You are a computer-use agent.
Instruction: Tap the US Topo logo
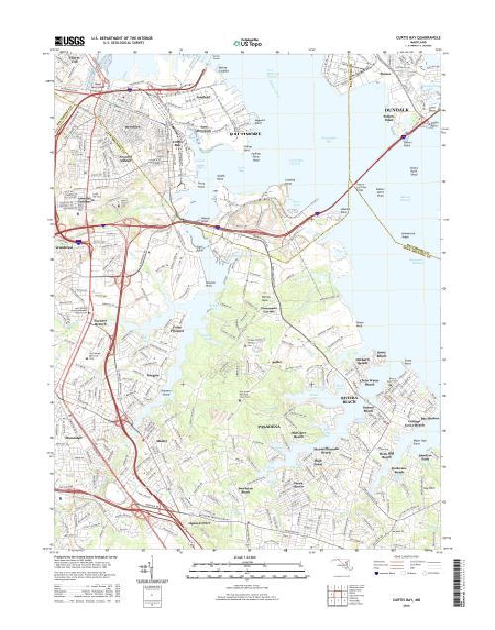tap(247, 44)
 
